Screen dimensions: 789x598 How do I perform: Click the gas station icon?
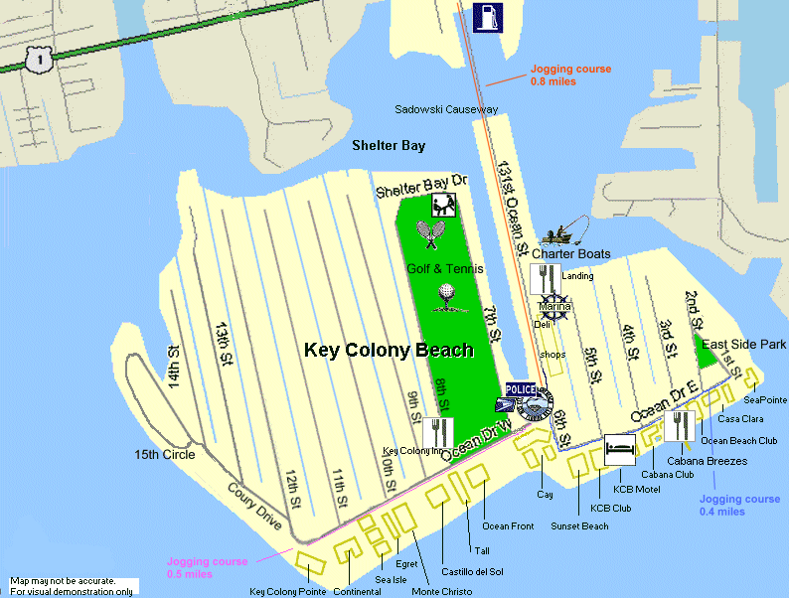pyautogui.click(x=488, y=18)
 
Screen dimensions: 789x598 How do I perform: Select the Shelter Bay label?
pyautogui.click(x=389, y=146)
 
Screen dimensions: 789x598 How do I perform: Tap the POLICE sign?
pyautogui.click(x=521, y=389)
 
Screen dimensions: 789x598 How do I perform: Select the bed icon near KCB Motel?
pyautogui.click(x=620, y=450)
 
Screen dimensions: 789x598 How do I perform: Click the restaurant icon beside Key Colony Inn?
pyautogui.click(x=438, y=432)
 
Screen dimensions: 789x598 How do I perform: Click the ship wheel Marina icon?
pyautogui.click(x=554, y=305)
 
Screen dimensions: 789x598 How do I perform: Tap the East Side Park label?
pyautogui.click(x=744, y=344)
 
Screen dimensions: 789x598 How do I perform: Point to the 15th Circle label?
pyautogui.click(x=165, y=455)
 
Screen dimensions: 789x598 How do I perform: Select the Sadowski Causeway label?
pyautogui.click(x=446, y=109)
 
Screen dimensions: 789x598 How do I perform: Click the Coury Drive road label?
pyautogui.click(x=254, y=508)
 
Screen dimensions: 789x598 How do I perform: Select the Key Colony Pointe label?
pyautogui.click(x=287, y=592)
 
